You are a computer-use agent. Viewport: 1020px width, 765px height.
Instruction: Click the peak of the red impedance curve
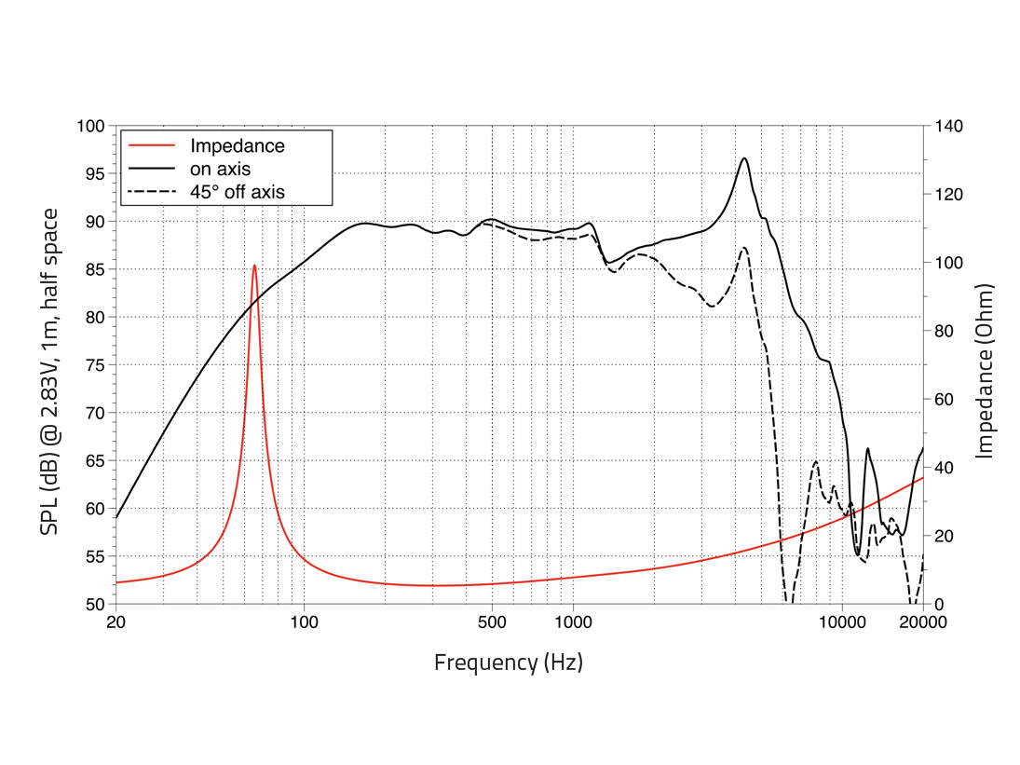254,266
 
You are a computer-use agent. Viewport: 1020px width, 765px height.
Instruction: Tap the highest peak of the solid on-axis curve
744,158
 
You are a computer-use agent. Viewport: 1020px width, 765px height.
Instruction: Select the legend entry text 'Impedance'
237,145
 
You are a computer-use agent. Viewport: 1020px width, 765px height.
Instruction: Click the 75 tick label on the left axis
94,365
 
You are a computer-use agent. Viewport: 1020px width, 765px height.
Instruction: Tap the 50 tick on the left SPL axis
94,604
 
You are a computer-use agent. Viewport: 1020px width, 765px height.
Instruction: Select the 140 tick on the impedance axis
949,126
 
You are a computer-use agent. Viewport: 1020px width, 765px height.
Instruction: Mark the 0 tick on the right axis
940,604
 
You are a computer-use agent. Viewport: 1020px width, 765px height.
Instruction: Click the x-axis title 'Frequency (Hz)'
508,663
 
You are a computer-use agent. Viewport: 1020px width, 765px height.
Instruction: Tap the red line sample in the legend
152,145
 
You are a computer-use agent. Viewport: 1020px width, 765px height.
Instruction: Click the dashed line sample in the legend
152,192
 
